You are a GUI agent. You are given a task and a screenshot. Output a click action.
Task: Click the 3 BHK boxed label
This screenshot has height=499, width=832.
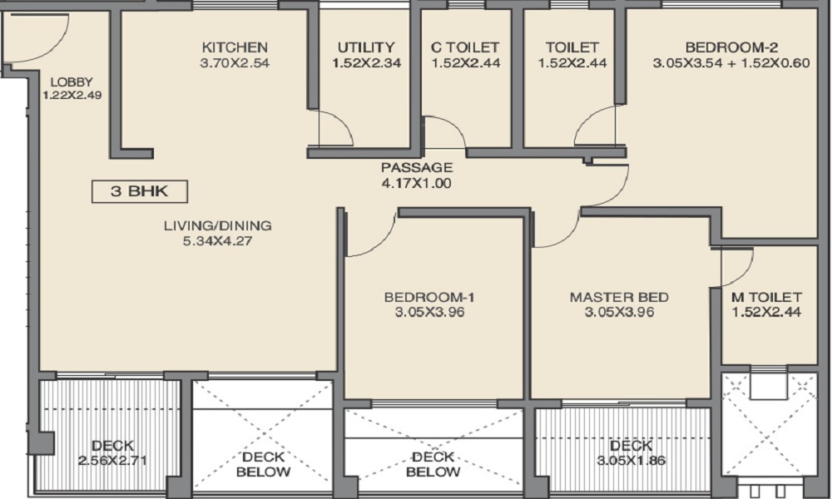(140, 191)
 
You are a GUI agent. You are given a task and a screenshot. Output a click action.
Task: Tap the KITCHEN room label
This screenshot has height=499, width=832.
(235, 47)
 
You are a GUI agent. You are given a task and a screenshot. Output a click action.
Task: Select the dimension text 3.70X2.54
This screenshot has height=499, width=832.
(235, 63)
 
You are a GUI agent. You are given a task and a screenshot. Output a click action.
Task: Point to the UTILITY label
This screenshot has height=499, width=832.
(366, 47)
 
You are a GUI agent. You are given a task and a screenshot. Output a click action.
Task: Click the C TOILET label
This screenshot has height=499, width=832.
(465, 47)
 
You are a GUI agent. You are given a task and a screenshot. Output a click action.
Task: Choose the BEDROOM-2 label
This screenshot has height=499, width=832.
(731, 47)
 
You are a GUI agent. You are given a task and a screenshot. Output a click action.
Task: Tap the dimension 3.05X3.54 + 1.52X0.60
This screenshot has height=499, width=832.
(731, 63)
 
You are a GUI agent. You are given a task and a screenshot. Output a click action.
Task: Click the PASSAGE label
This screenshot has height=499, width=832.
(417, 167)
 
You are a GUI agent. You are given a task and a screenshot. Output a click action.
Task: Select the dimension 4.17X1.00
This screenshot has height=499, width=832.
(417, 183)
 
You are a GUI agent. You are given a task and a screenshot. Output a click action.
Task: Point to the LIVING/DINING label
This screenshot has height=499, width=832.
(217, 225)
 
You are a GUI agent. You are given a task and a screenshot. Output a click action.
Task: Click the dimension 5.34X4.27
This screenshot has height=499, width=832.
(217, 240)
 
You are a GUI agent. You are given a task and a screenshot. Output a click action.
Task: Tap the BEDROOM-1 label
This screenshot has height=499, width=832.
(430, 297)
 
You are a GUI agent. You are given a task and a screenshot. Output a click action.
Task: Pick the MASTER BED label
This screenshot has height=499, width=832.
(619, 297)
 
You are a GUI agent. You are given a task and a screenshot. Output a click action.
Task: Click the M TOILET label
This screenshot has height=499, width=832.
(766, 297)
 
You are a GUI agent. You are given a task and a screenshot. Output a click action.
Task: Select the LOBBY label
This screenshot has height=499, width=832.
(72, 82)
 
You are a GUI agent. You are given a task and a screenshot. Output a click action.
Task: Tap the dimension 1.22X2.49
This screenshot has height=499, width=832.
(72, 96)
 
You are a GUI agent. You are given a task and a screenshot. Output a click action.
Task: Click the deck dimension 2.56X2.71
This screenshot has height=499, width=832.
(112, 460)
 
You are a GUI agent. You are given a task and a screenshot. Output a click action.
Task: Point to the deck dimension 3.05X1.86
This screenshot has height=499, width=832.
(631, 460)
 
